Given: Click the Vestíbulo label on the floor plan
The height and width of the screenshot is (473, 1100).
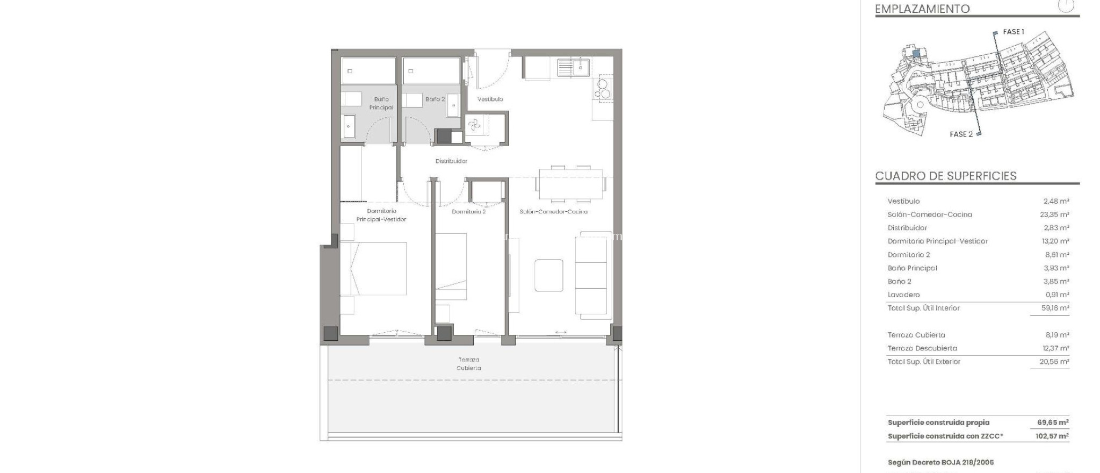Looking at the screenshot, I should (490, 99).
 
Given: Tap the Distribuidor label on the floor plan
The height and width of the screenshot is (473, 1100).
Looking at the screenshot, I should (451, 161).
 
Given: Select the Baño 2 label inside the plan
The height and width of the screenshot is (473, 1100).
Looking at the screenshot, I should (435, 99).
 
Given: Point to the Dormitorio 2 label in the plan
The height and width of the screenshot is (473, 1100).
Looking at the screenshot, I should (468, 212).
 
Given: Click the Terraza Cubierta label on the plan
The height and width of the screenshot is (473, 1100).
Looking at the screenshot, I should (469, 364).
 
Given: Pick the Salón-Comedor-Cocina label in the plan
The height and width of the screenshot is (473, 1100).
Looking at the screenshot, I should (553, 212).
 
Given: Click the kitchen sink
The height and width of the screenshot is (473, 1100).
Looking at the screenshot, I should (574, 68).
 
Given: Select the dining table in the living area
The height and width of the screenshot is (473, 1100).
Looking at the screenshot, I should (570, 184).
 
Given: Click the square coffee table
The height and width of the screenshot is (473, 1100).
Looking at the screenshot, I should (549, 275).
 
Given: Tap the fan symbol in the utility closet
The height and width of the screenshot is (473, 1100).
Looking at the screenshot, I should (474, 126).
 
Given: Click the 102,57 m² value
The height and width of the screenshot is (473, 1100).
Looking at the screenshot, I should (1052, 436).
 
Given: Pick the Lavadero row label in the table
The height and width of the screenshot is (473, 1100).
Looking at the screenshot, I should (903, 295).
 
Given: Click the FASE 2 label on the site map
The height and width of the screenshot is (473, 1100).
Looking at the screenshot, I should (961, 134).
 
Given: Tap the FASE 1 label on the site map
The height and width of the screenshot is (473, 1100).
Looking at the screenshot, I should (1014, 32).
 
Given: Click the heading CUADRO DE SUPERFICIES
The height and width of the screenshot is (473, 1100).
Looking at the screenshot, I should (946, 176).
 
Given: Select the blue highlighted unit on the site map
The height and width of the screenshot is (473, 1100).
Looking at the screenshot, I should (916, 53).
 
